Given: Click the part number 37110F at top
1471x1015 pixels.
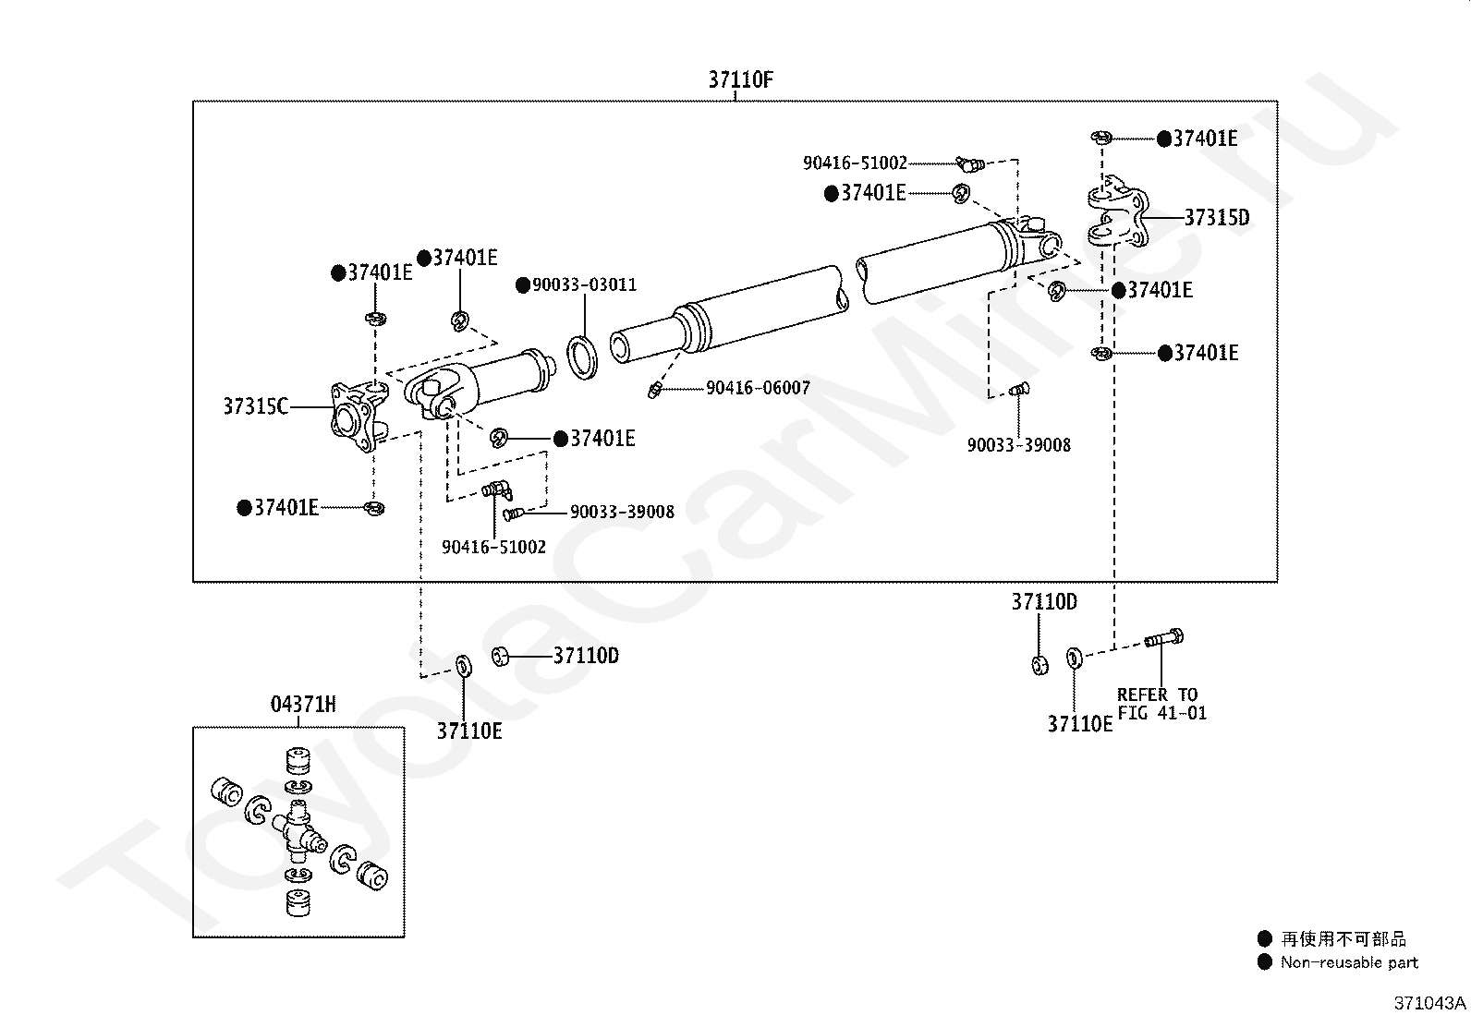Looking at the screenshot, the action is [x=741, y=80].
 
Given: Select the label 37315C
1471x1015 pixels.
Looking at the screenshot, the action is [x=255, y=406].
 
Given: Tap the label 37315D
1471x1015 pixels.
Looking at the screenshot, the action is [x=1217, y=217].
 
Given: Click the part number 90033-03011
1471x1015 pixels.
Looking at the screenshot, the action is [x=585, y=285].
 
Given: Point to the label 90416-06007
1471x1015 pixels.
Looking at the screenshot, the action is [x=758, y=388].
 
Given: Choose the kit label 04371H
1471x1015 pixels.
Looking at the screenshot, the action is [x=303, y=705].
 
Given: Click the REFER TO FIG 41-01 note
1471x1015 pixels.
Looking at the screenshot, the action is [x=1161, y=704].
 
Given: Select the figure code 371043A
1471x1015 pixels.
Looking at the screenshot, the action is [x=1429, y=1003].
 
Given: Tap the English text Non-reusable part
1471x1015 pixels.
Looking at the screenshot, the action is [x=1349, y=962].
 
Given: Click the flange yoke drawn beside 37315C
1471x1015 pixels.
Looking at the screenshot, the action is [x=359, y=416].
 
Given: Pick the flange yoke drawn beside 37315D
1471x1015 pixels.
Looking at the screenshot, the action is [x=1118, y=211].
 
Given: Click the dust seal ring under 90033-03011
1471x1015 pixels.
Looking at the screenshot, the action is [x=582, y=357].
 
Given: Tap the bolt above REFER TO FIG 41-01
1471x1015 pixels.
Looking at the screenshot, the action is [x=1163, y=637].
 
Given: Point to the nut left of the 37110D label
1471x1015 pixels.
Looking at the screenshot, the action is [x=500, y=656].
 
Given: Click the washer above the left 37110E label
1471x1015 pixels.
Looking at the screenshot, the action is [x=464, y=666].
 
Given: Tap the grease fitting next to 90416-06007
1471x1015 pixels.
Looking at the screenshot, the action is [x=653, y=391].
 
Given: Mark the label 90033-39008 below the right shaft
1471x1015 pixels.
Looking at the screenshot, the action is [x=1018, y=445].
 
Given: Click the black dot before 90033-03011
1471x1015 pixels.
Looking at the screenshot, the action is [x=523, y=285].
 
